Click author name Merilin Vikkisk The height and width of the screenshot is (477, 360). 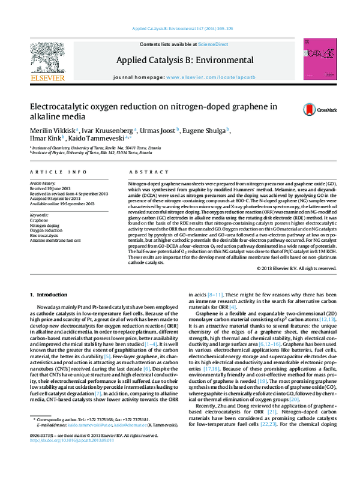(x=51, y=131)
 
